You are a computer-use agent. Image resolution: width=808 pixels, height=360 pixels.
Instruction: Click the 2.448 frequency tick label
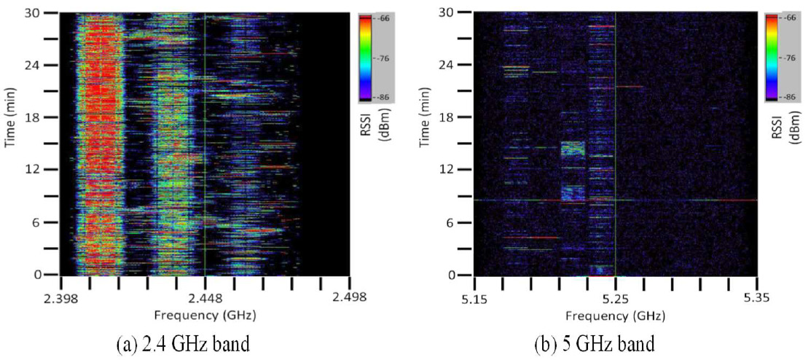pyautogui.click(x=205, y=297)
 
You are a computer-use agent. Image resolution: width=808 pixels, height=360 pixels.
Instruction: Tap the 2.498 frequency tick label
pyautogui.click(x=349, y=297)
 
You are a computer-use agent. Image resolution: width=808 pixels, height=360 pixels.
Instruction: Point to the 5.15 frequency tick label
pyautogui.click(x=474, y=297)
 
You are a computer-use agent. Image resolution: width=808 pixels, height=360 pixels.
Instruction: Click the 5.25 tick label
pyautogui.click(x=616, y=297)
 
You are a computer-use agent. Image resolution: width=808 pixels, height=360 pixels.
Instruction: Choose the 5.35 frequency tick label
pyautogui.click(x=757, y=297)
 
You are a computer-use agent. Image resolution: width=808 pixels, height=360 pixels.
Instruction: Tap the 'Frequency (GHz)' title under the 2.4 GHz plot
pyautogui.click(x=205, y=315)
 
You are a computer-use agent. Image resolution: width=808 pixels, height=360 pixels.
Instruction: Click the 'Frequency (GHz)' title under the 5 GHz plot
pyautogui.click(x=616, y=315)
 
